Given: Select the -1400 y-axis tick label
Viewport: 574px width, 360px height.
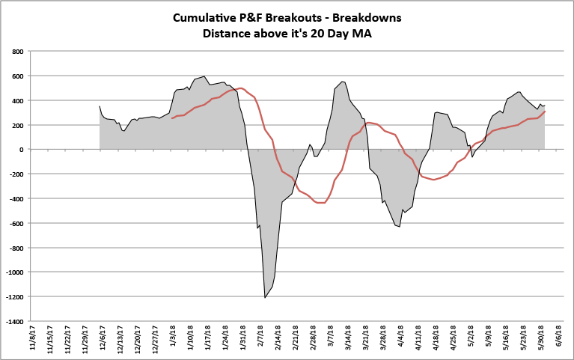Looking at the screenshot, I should pos(13,321).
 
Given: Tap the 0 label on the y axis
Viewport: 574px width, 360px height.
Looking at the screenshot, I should pos(22,150).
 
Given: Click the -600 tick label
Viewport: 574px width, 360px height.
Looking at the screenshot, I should pos(16,223).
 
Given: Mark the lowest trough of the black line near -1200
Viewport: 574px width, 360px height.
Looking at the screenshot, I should pos(265,297).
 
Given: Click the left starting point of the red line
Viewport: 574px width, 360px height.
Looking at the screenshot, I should pos(172,118).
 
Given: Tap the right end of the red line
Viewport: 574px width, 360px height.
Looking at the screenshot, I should pos(545,111).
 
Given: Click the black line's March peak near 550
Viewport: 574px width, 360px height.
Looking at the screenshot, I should pos(342,82).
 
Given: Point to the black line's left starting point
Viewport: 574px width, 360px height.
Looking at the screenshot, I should pos(100,106).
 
